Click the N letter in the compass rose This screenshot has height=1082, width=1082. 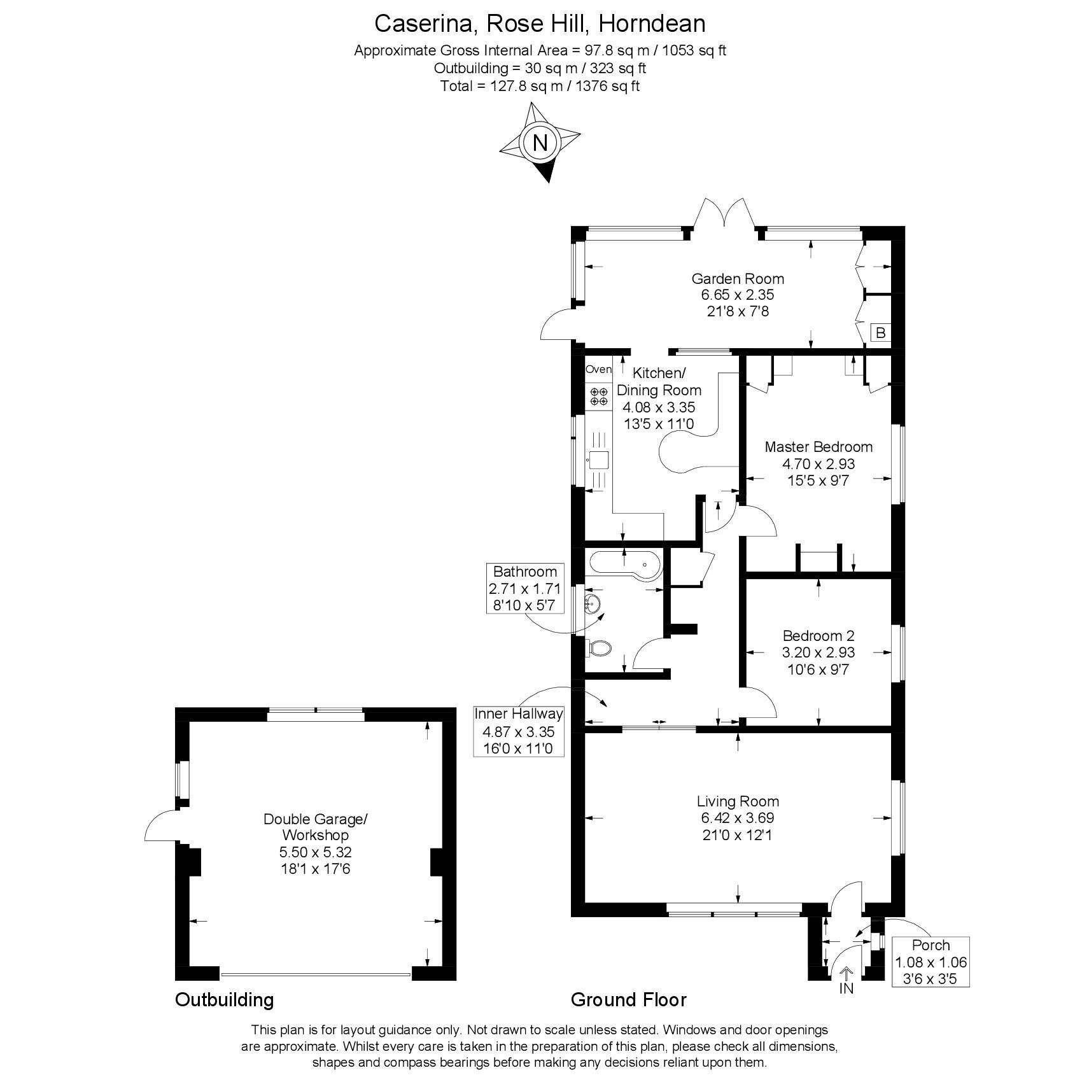click(540, 143)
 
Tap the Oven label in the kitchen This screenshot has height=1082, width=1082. click(598, 370)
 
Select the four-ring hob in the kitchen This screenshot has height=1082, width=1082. click(598, 397)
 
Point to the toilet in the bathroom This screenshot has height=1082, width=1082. click(599, 649)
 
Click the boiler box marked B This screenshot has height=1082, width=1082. click(880, 332)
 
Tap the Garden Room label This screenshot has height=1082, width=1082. click(738, 279)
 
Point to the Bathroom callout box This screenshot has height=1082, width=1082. click(525, 589)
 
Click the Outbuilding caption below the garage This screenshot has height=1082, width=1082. click(224, 1000)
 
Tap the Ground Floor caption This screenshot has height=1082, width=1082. click(628, 1000)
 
